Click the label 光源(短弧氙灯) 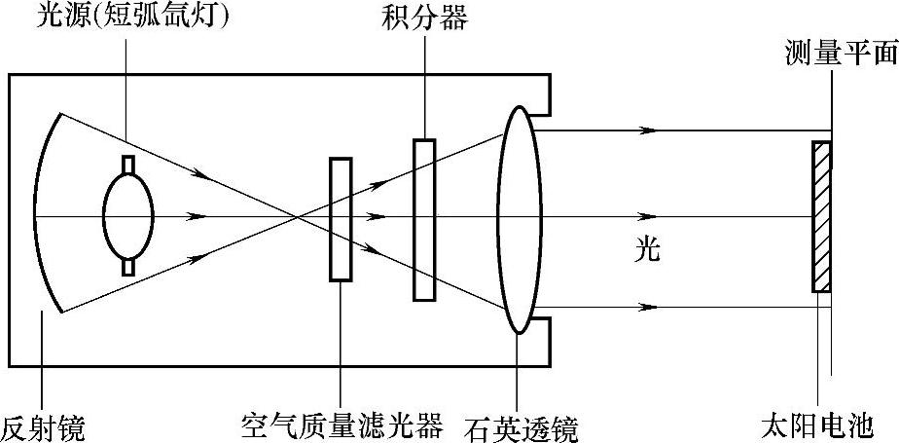pos(131,17)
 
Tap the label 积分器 pos(424,17)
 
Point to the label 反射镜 pos(43,426)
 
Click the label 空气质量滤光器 pos(342,425)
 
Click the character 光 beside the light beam pos(647,250)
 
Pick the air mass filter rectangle pos(341,219)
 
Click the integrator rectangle pos(424,219)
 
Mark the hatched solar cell pos(822,216)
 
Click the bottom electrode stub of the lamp pos(127,267)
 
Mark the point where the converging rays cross pos(292,216)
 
